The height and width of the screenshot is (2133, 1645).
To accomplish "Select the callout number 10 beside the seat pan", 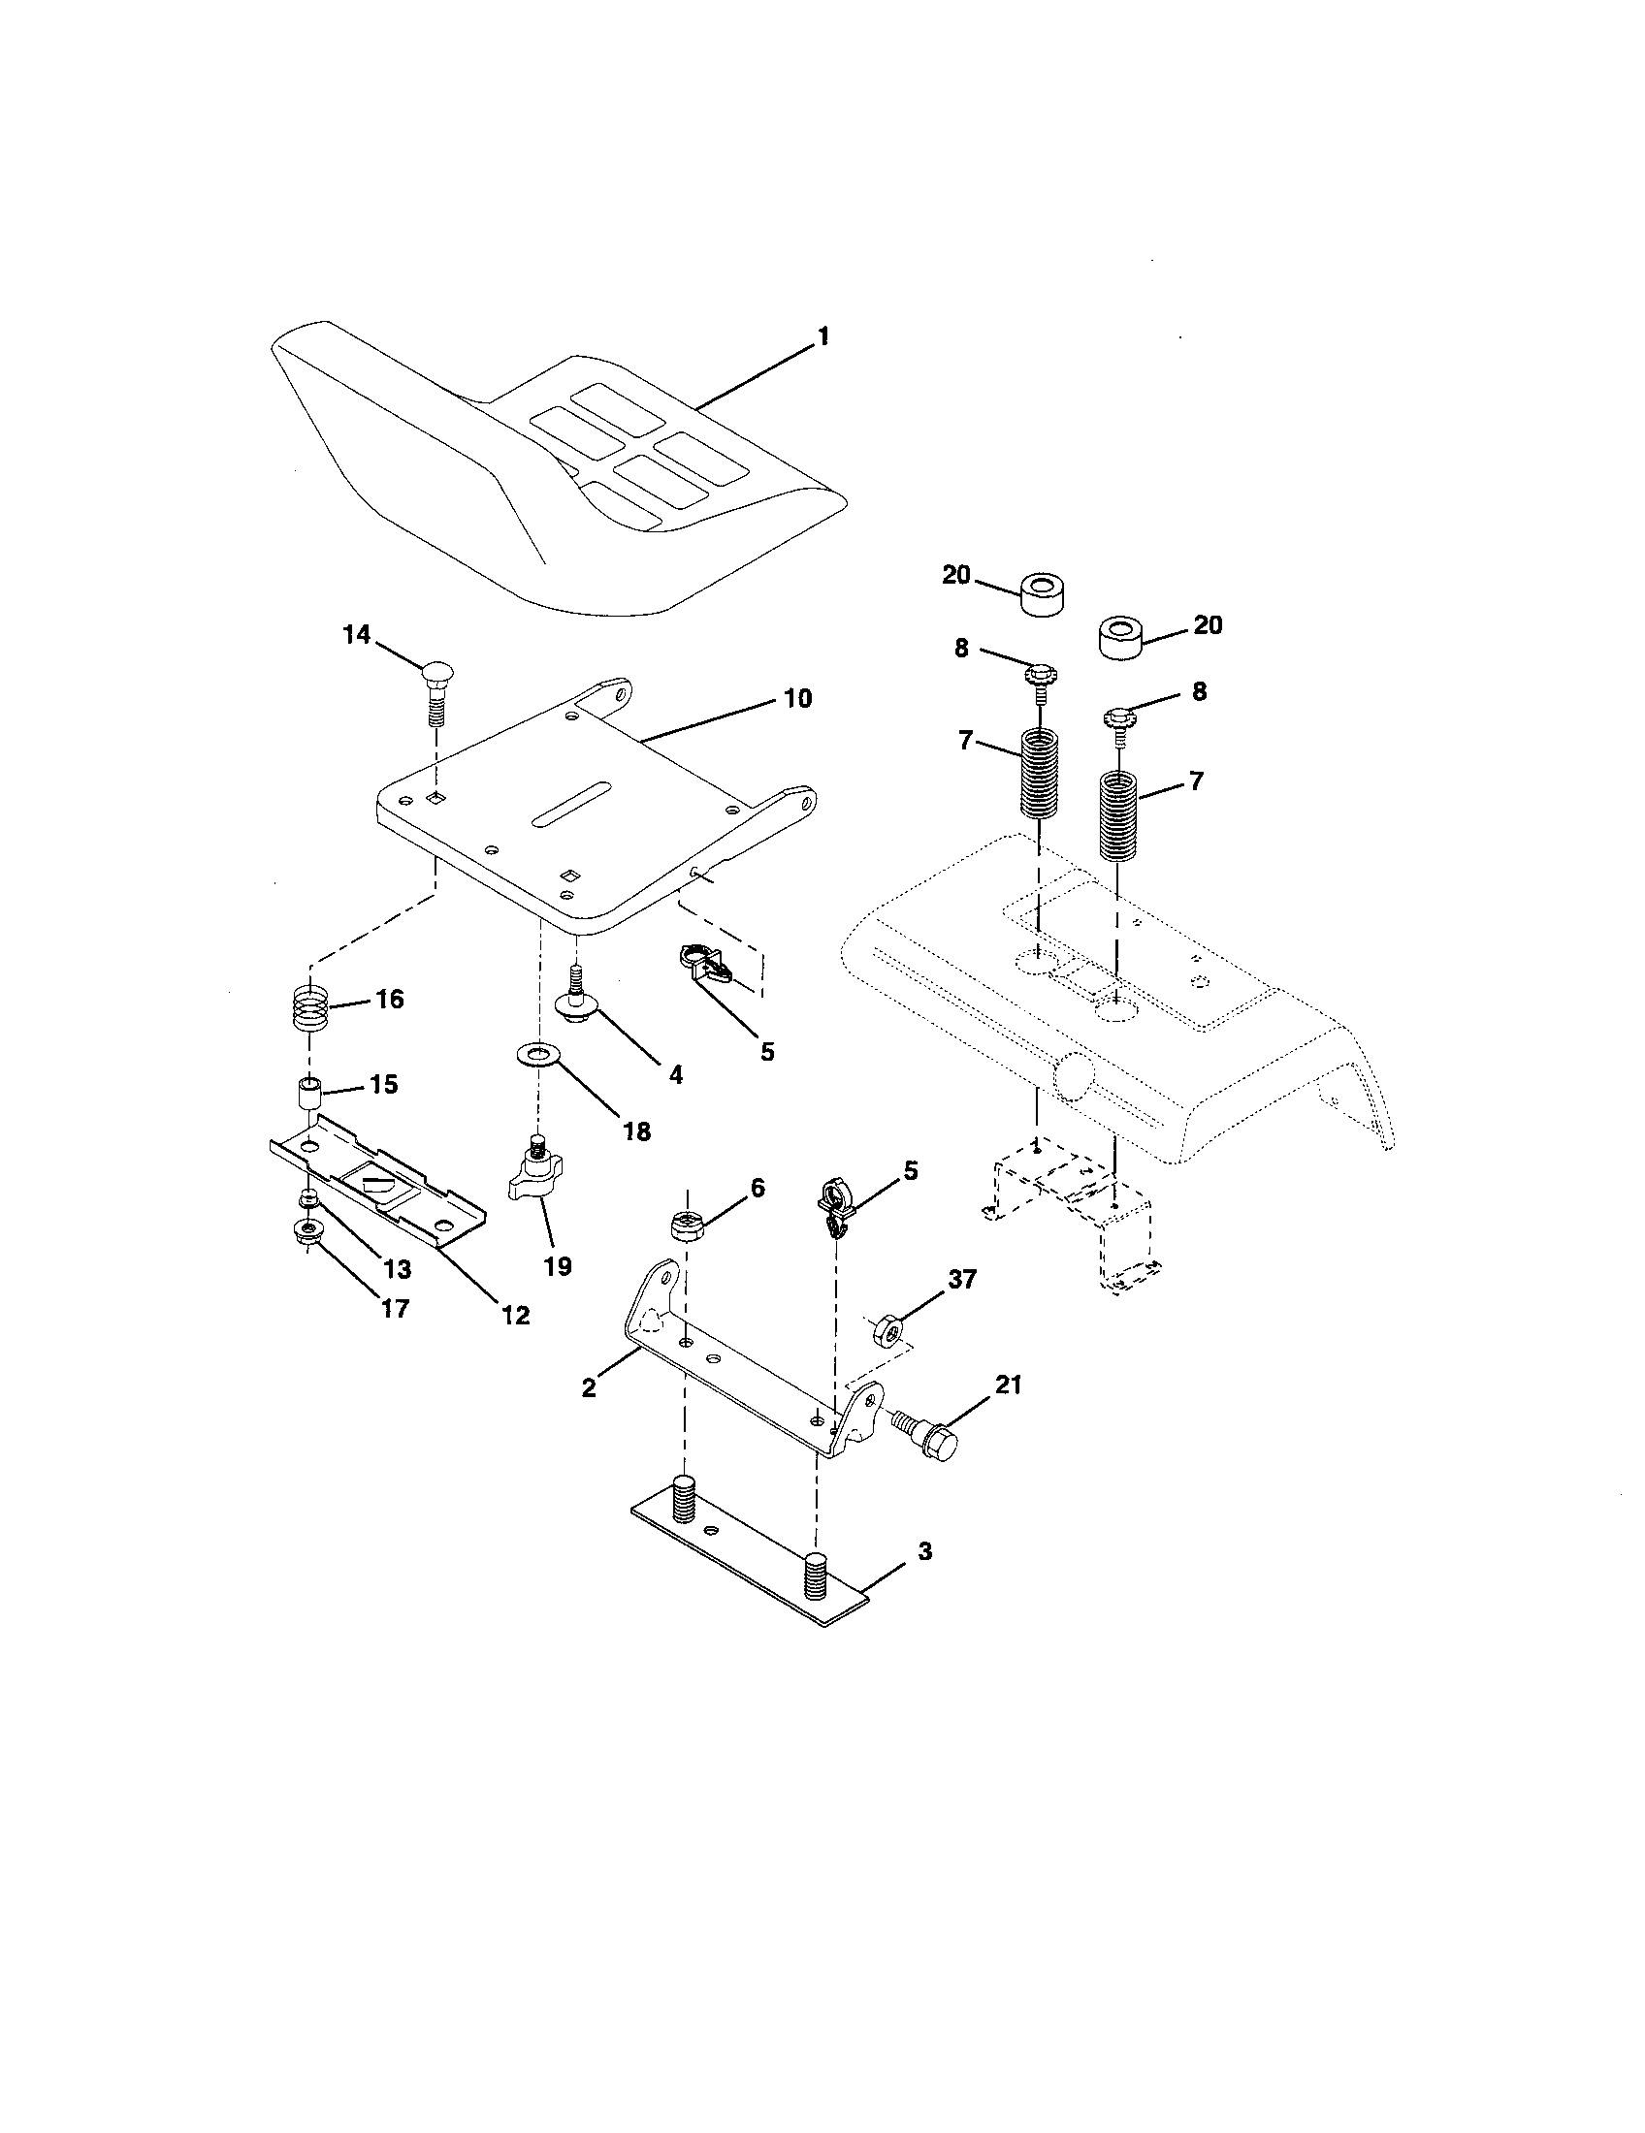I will [x=797, y=699].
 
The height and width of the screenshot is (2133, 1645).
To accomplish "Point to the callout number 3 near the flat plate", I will [x=924, y=1551].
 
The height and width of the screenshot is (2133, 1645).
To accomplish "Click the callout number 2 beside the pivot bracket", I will [x=588, y=1387].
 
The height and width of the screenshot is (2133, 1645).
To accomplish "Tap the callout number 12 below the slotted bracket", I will [x=515, y=1316].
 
